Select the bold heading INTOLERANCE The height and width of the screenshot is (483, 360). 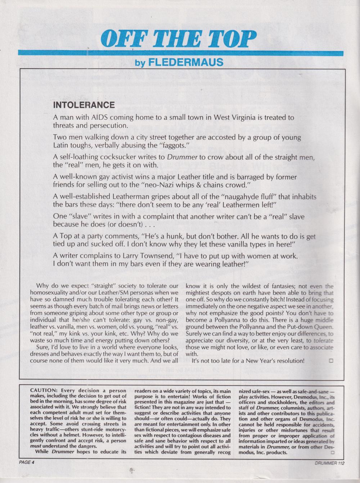(x=84, y=105)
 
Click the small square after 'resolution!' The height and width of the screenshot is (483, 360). (x=331, y=360)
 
